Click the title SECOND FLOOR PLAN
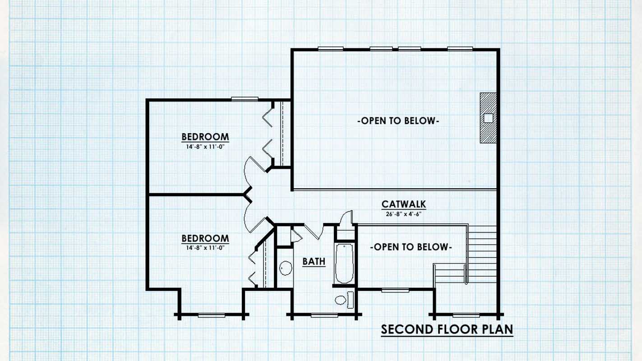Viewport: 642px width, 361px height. point(447,329)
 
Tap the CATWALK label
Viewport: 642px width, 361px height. point(403,204)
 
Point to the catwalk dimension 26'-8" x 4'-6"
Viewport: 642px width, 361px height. point(403,214)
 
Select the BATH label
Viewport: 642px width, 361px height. point(314,262)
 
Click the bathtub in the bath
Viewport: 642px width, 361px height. point(344,263)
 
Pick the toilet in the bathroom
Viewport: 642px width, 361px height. point(344,300)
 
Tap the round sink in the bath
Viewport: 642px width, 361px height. point(286,268)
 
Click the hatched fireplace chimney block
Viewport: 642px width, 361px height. point(488,118)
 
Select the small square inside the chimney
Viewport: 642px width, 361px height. point(488,118)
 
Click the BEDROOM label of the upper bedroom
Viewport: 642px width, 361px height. point(205,137)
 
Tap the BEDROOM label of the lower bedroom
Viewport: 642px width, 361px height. point(205,238)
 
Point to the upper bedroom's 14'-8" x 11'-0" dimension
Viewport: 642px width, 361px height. point(205,147)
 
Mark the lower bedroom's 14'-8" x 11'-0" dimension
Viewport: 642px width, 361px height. point(205,248)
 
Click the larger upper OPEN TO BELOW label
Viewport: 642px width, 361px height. point(398,121)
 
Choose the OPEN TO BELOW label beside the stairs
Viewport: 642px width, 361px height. point(411,247)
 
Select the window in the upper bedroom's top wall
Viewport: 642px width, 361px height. point(245,99)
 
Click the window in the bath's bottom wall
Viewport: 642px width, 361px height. point(324,315)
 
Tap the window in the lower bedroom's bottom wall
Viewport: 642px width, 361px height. point(212,315)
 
